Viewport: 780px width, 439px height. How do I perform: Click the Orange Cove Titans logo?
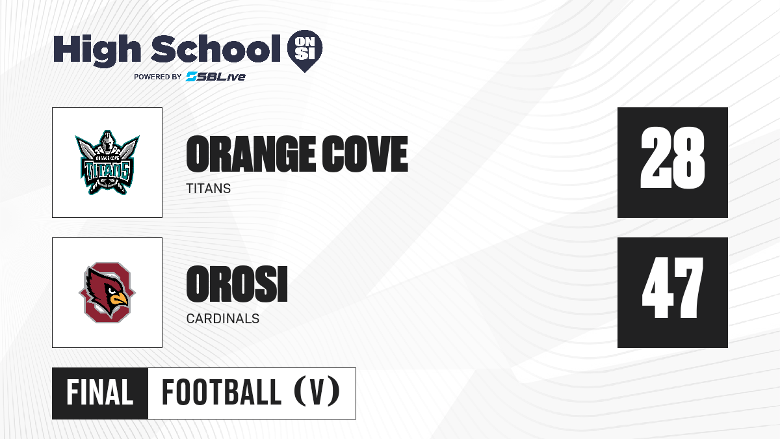tap(107, 163)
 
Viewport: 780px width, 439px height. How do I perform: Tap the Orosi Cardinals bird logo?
tap(107, 292)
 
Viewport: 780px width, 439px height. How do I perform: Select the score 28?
tap(672, 158)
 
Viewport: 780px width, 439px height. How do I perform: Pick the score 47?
tap(672, 287)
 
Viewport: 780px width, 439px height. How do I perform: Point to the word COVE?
tap(365, 154)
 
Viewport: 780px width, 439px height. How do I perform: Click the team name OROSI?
tap(237, 284)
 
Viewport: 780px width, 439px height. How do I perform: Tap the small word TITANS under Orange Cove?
tap(208, 189)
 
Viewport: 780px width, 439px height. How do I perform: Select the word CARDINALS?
tap(223, 319)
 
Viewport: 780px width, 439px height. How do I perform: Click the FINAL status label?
tap(100, 393)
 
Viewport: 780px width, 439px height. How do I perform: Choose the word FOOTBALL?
tap(222, 393)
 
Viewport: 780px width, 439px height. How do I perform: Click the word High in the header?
tap(97, 50)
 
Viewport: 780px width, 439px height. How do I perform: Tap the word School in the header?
tap(216, 49)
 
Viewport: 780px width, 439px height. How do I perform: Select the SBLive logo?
tap(216, 77)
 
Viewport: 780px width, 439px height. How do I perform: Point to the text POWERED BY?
tap(158, 77)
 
